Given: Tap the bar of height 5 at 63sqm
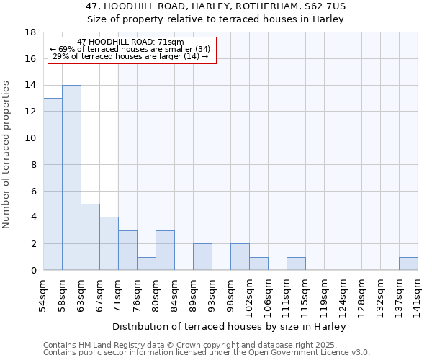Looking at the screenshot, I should [90, 237].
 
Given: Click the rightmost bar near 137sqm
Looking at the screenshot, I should [408, 264].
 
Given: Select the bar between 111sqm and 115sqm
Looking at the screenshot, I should [296, 264].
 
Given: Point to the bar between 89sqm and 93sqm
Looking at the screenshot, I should [202, 257].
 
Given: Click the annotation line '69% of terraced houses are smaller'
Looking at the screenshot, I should [130, 49].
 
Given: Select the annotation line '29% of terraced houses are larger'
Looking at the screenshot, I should [130, 56].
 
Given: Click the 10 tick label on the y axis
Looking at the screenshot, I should [32, 138].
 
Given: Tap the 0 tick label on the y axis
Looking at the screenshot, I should [34, 271].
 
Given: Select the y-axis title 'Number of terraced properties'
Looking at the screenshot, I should [7, 155].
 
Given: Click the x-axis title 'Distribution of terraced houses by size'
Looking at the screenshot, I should [230, 326].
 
